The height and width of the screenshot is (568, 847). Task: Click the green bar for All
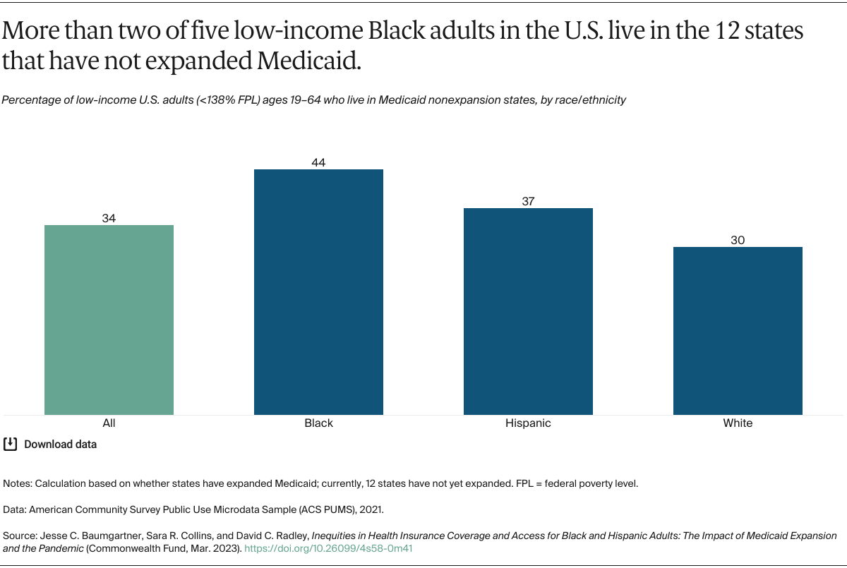coord(109,320)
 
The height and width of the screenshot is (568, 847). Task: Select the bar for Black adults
coord(318,291)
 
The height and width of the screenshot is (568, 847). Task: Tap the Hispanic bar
coord(528,311)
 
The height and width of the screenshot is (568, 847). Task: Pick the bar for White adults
coord(738,330)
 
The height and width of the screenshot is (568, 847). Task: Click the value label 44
coord(318,162)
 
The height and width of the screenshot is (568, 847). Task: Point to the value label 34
coord(109,219)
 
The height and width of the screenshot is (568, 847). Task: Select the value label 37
coord(528,201)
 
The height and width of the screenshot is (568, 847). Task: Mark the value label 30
coord(738,240)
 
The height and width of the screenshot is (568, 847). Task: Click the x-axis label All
coord(109,423)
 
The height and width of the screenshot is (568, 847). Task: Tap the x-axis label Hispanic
coord(528,423)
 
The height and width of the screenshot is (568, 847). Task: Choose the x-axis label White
coord(738,423)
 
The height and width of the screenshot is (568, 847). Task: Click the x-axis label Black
coord(318,423)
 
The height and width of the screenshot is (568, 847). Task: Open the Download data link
coord(60,445)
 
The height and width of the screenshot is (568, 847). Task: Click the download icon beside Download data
coord(11,444)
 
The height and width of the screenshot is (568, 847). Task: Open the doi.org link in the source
coord(328,548)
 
